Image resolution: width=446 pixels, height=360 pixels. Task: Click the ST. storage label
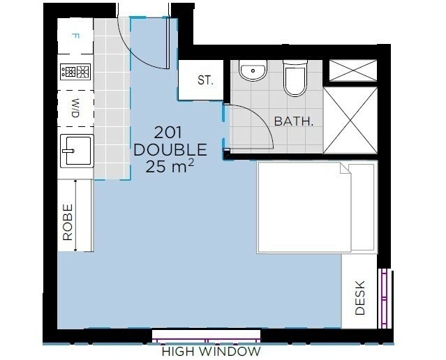tap(205, 80)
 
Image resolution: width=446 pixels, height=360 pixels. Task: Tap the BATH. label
tap(294, 121)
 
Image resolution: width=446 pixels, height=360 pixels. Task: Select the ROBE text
tap(68, 223)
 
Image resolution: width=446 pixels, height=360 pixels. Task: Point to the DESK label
tap(360, 298)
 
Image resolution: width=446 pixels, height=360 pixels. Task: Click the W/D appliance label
tap(75, 108)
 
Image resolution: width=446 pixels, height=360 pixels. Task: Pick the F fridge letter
tap(75, 36)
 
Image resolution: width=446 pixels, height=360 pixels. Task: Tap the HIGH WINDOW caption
tap(211, 352)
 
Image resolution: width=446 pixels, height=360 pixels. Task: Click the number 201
tap(168, 133)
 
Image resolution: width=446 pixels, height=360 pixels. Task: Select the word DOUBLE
tap(170, 149)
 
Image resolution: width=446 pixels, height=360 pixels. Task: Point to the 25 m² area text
tap(170, 166)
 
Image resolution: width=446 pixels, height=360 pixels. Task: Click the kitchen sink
tap(77, 151)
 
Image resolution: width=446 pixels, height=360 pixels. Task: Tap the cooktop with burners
tap(75, 72)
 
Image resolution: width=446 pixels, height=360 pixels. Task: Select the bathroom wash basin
tap(253, 70)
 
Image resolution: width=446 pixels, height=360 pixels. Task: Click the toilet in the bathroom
tap(295, 77)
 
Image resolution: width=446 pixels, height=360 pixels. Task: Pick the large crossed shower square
tap(350, 120)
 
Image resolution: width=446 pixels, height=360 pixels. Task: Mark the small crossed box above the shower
tap(353, 70)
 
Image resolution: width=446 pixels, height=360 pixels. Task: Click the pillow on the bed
tap(362, 207)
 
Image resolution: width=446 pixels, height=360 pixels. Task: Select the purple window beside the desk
tap(384, 298)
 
